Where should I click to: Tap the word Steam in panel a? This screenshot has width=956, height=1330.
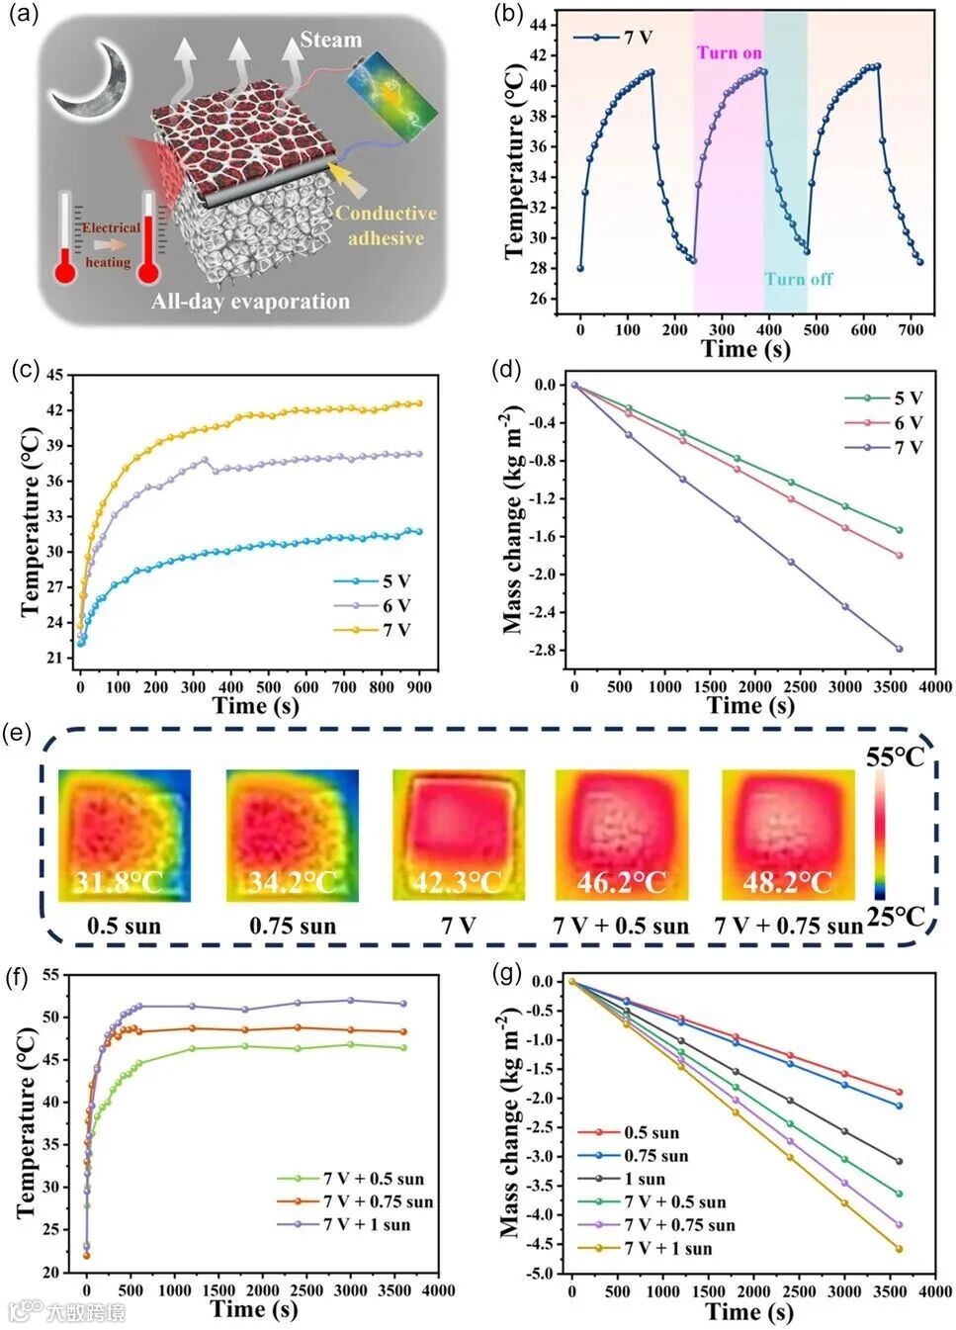tap(330, 40)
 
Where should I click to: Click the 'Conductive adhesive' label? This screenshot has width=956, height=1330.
tap(385, 225)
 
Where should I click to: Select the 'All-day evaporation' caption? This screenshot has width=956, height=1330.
tap(250, 301)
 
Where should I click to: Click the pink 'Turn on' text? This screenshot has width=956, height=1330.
tap(729, 52)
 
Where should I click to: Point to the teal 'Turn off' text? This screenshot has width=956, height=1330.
tap(798, 279)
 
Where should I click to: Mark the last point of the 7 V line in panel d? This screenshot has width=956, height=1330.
tap(900, 649)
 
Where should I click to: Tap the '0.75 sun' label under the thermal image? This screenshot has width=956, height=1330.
tap(292, 927)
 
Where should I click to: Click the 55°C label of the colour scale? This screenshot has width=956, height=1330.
tap(895, 757)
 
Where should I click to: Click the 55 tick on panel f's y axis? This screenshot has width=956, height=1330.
tap(48, 975)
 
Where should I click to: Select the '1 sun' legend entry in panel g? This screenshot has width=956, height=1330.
tap(644, 1179)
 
